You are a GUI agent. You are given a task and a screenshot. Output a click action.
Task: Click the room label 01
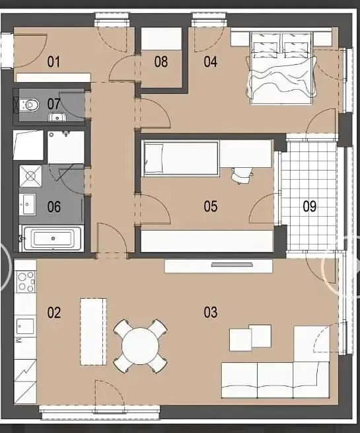coord(54,61)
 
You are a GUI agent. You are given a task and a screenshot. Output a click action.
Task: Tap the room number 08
coord(161,61)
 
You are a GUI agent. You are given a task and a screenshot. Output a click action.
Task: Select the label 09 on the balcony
coord(310,206)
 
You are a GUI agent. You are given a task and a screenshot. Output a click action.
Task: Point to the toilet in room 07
coord(29,104)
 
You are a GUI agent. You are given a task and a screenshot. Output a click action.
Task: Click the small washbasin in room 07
coord(57,117)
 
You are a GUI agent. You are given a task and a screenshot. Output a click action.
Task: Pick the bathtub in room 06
coord(52,239)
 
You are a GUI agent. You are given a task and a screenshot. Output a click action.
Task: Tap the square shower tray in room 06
coord(30,176)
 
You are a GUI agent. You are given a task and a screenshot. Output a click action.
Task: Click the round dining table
coord(141,346)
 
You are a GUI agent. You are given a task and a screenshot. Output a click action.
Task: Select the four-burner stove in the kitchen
coord(26,282)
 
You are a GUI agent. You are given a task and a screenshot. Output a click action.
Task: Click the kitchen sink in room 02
coord(25,326)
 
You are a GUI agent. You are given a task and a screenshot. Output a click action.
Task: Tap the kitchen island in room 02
coord(93,332)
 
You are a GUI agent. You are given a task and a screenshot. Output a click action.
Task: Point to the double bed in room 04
coord(281,68)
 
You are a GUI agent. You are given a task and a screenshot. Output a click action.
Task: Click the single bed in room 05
coord(181,158)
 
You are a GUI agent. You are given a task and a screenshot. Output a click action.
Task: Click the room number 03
coord(211,312)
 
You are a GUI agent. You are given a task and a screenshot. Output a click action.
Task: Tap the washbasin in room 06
coord(27,204)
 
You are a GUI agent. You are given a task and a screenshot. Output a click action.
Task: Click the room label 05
coord(211,206)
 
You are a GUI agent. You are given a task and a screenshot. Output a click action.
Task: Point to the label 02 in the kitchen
coord(54,313)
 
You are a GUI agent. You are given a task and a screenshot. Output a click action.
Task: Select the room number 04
coord(211,61)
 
